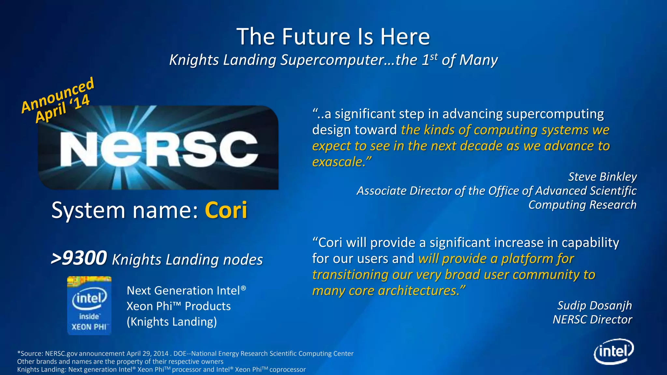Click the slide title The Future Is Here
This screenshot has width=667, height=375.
click(x=333, y=36)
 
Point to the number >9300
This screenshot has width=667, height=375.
click(x=79, y=258)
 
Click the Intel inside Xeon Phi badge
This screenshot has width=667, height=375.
click(x=89, y=305)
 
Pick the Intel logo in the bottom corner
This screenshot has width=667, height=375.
click(x=614, y=352)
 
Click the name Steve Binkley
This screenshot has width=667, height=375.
click(x=602, y=176)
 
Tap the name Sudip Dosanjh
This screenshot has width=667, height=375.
click(x=594, y=305)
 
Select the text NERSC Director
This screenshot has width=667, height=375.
click(x=592, y=319)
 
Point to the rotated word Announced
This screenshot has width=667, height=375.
click(x=58, y=95)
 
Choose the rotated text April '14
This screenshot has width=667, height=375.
click(x=63, y=109)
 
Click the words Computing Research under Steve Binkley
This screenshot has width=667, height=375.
click(x=582, y=205)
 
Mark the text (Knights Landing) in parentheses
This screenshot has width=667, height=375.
click(x=172, y=322)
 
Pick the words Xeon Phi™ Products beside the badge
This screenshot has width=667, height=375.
click(x=178, y=306)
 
